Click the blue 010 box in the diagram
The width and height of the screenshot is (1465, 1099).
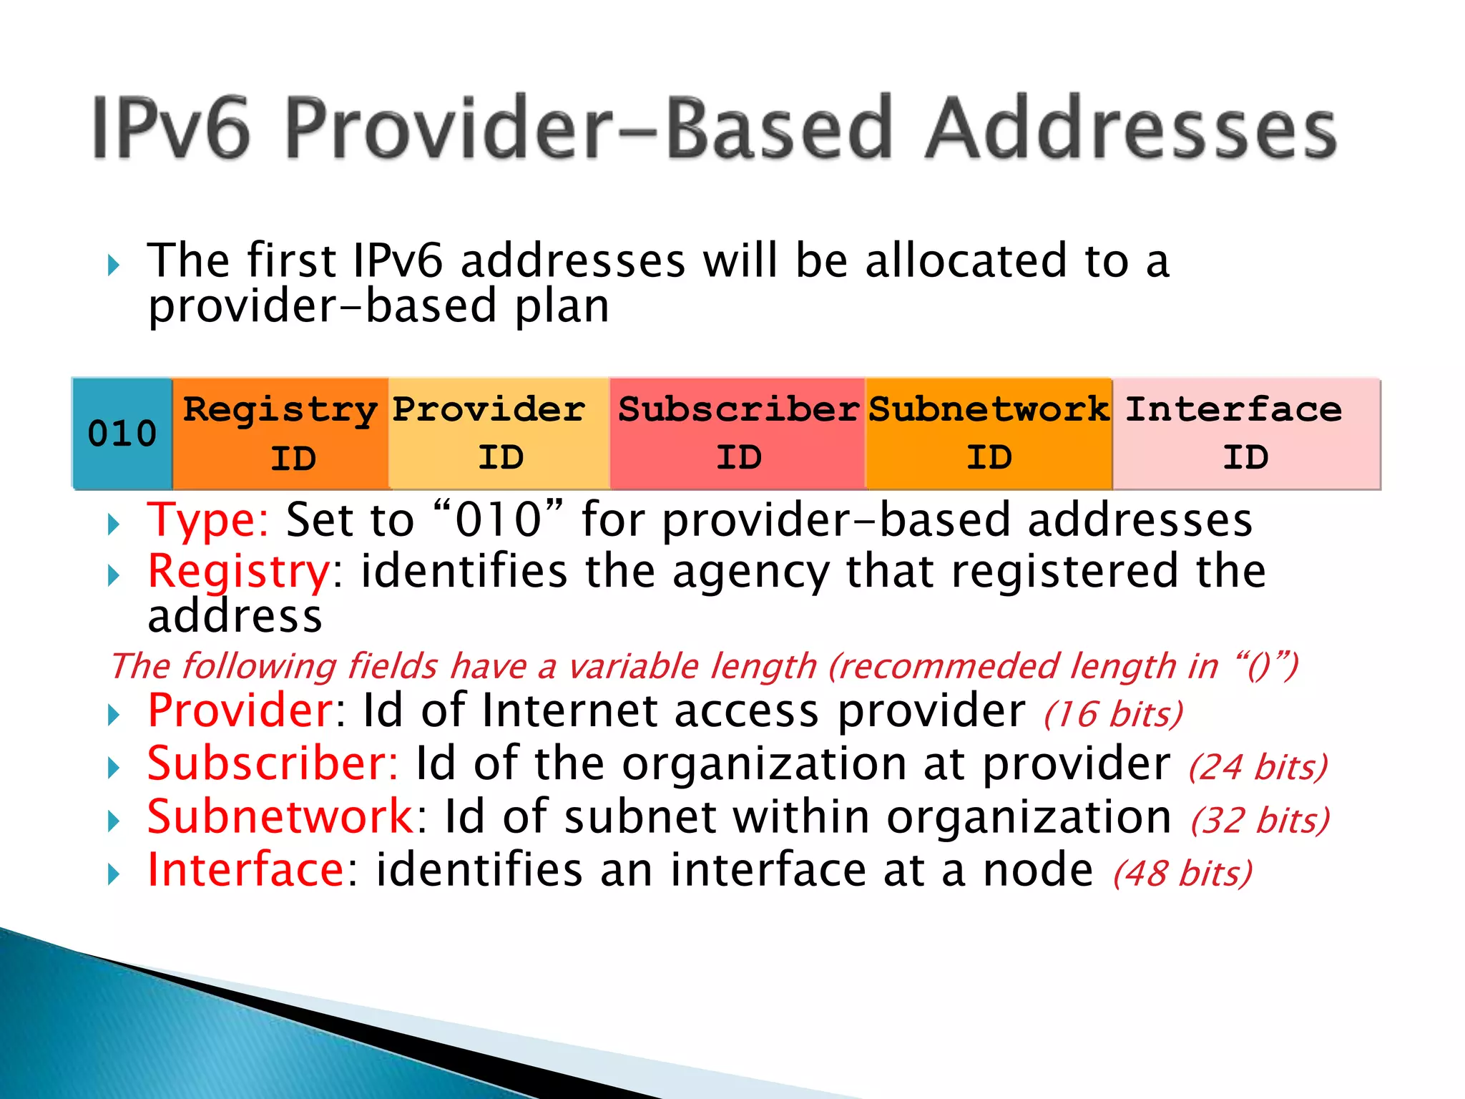pyautogui.click(x=122, y=434)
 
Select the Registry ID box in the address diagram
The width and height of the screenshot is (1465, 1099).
pyautogui.click(x=280, y=434)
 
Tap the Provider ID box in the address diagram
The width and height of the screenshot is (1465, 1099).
pyautogui.click(x=499, y=434)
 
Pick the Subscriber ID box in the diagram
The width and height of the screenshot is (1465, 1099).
pyautogui.click(x=738, y=434)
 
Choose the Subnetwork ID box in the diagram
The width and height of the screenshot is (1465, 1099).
pyautogui.click(x=989, y=434)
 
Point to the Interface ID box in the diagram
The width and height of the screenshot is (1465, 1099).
pyautogui.click(x=1245, y=434)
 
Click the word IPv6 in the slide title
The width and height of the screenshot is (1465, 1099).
pyautogui.click(x=172, y=129)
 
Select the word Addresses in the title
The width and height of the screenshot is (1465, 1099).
pyautogui.click(x=1130, y=129)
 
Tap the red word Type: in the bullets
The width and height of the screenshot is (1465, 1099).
pyautogui.click(x=207, y=520)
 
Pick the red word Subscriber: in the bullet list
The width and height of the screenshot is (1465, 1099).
pyautogui.click(x=273, y=763)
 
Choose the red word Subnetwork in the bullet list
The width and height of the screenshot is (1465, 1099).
pyautogui.click(x=280, y=816)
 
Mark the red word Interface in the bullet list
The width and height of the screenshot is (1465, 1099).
pyautogui.click(x=247, y=869)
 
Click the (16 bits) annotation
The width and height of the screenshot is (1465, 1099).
pyautogui.click(x=1113, y=714)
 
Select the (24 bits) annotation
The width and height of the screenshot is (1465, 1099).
pyautogui.click(x=1258, y=767)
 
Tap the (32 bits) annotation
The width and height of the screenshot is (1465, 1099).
pyautogui.click(x=1260, y=820)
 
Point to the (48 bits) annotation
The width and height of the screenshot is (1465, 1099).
pyautogui.click(x=1182, y=873)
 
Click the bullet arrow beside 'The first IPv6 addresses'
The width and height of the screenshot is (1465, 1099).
pyautogui.click(x=113, y=266)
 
